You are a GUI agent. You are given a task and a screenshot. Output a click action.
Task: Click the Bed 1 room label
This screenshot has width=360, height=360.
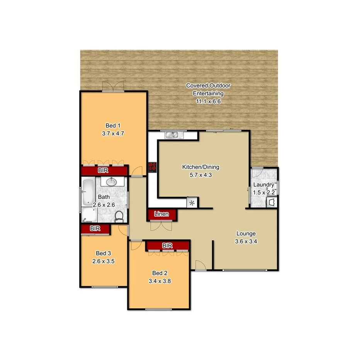[113, 126]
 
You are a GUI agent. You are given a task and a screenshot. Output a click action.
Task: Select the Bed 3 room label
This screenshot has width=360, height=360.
[103, 253]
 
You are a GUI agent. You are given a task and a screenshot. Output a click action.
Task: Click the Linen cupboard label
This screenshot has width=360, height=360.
[161, 214]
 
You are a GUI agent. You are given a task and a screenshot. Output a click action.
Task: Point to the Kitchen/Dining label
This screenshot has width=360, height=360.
[200, 167]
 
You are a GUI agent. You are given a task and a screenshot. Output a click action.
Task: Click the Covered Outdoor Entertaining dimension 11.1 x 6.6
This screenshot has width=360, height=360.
[208, 102]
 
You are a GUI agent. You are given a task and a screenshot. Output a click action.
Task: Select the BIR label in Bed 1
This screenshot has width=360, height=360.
[103, 170]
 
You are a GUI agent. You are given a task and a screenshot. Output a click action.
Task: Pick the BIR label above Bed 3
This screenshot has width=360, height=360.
[95, 229]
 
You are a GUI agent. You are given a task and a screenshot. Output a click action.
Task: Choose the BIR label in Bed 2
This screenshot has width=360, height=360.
[167, 246]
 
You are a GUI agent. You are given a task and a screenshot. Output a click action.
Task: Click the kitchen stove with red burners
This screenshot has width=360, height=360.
[152, 167]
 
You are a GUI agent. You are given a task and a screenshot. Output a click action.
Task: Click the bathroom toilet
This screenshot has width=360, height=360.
[119, 216]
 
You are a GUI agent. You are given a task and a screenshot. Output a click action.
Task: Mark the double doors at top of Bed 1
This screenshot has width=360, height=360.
[113, 87]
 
